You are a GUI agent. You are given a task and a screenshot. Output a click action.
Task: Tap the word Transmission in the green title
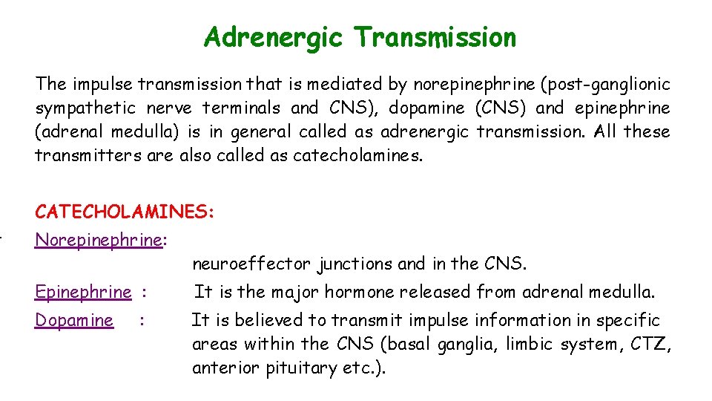(435, 37)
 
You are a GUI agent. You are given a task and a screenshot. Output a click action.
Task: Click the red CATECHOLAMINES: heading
(125, 212)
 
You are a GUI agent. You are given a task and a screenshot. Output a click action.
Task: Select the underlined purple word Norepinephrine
(99, 240)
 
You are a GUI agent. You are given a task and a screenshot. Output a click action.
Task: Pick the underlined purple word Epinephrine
(83, 292)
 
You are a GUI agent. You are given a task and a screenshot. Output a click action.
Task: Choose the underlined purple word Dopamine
(74, 320)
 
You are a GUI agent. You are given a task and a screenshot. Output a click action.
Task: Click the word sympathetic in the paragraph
(85, 108)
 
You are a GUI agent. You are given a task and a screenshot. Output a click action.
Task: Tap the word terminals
(239, 108)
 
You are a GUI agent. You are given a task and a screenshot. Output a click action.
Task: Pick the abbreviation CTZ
(653, 344)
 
